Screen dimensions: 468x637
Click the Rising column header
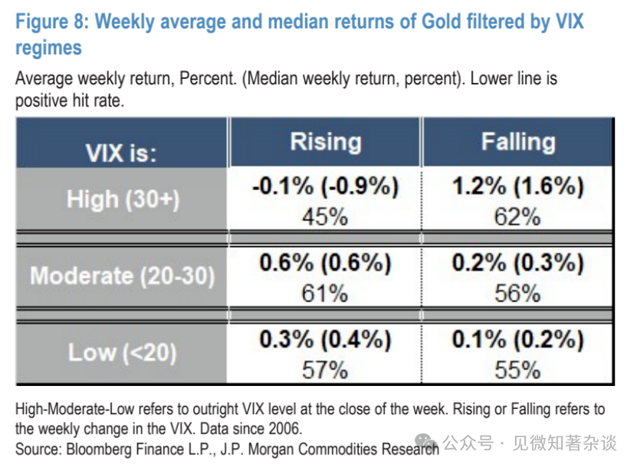tap(325, 142)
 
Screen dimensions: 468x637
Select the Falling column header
tap(517, 142)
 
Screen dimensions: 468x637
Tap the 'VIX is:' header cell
tap(121, 152)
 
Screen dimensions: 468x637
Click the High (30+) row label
tap(123, 199)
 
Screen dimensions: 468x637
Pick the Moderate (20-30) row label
tap(123, 276)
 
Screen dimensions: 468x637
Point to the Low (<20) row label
tap(123, 352)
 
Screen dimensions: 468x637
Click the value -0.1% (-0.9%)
tap(325, 186)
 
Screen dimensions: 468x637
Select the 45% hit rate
tap(325, 216)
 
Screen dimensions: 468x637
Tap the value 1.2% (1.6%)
tap(517, 186)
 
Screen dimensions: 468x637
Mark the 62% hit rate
tap(517, 216)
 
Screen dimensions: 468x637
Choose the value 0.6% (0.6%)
tap(325, 262)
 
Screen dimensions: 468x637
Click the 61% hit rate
tap(325, 293)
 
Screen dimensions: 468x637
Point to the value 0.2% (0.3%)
tap(517, 262)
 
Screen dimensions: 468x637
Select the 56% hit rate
tap(517, 293)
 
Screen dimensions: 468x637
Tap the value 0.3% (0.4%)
tap(325, 339)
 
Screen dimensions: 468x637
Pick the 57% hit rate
tap(325, 370)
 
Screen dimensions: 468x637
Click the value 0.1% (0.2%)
tap(517, 339)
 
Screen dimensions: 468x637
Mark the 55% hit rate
tap(517, 370)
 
